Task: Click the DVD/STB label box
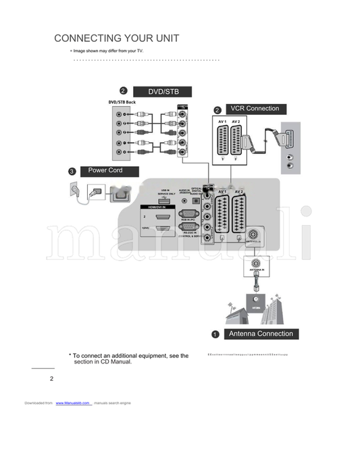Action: (161, 92)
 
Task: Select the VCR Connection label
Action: (254, 109)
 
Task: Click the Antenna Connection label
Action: (261, 334)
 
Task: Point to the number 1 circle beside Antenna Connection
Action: (215, 334)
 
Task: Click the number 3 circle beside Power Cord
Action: (72, 172)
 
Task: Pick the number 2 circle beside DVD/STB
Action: (123, 91)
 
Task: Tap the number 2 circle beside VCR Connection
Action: (217, 110)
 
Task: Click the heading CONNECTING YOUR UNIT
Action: (116, 38)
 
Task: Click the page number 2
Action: (51, 379)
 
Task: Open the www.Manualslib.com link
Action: (73, 403)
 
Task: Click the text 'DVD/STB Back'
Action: (122, 103)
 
